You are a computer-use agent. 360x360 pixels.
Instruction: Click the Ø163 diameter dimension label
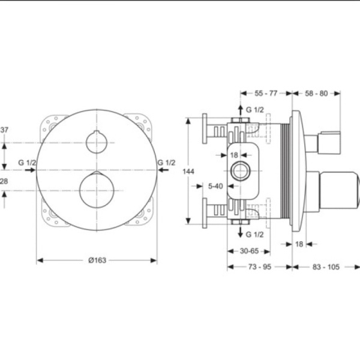(97, 260)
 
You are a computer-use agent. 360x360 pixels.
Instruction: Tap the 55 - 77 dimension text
(266, 93)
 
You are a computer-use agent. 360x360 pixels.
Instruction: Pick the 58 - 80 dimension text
(316, 93)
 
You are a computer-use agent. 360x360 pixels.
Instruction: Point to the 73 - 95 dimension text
(259, 266)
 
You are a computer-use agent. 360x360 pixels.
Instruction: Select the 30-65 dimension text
(246, 252)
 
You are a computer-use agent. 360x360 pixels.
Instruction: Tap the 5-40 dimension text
(215, 186)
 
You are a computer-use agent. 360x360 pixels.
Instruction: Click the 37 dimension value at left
(4, 130)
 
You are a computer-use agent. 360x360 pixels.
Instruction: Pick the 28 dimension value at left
(4, 181)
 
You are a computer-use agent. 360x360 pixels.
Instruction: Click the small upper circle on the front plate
(96, 142)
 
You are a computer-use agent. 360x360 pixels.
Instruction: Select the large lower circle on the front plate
(96, 190)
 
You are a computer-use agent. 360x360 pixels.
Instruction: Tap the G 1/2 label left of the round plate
(27, 163)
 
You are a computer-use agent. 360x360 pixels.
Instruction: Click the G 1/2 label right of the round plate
(166, 163)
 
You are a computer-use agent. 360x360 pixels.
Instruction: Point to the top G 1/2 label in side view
(256, 109)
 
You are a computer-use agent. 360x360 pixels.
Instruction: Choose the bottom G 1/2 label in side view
(256, 233)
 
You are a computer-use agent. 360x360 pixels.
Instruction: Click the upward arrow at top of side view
(241, 109)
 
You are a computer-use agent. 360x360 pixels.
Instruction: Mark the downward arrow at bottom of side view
(241, 233)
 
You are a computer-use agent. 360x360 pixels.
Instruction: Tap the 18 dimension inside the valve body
(235, 155)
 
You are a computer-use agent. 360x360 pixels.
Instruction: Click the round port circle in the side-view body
(241, 172)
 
